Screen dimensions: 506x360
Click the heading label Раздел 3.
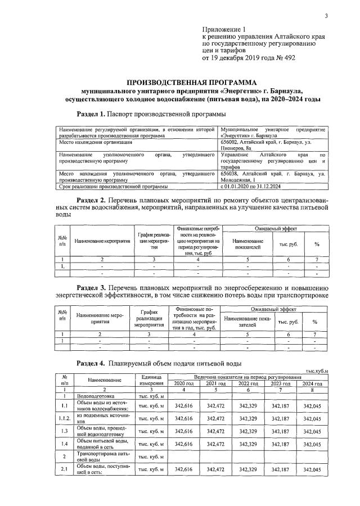94,288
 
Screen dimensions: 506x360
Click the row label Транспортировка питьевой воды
100,456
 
